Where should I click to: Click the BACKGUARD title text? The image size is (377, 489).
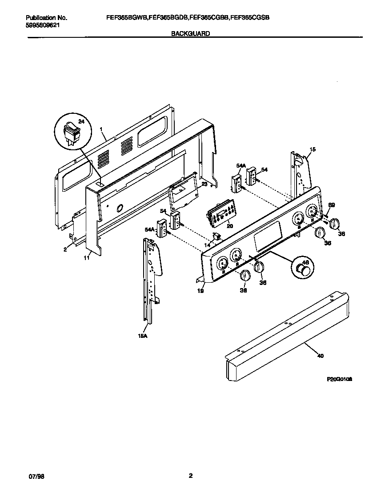coord(191,33)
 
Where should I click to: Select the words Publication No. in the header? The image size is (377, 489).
coord(47,18)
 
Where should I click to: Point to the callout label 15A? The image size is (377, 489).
coord(142,336)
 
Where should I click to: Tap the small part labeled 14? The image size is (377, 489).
coord(217,236)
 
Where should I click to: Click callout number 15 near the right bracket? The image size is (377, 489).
coord(313,150)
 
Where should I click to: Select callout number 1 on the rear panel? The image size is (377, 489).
coord(102,129)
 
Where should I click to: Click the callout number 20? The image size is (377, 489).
coord(230,225)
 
